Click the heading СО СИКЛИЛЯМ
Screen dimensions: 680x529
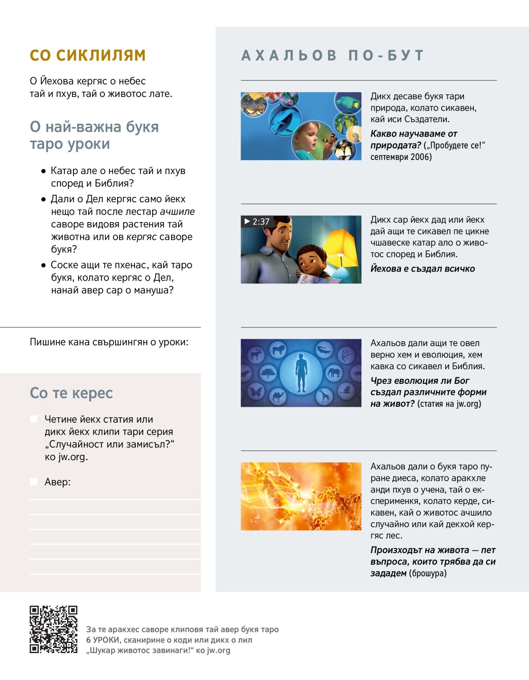click(88, 56)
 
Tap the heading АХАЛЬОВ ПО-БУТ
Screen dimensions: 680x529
click(333, 56)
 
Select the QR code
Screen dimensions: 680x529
click(53, 629)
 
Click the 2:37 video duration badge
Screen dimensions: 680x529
click(257, 222)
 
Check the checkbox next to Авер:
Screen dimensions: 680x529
click(34, 482)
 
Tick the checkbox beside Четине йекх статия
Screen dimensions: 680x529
click(34, 419)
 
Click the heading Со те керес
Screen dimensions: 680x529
click(71, 393)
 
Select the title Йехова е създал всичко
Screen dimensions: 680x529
click(422, 269)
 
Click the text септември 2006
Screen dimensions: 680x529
click(401, 157)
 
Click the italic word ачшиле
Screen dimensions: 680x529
click(177, 212)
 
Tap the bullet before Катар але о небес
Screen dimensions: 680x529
click(43, 171)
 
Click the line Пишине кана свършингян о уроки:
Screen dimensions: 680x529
click(109, 342)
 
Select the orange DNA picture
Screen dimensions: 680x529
click(301, 496)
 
